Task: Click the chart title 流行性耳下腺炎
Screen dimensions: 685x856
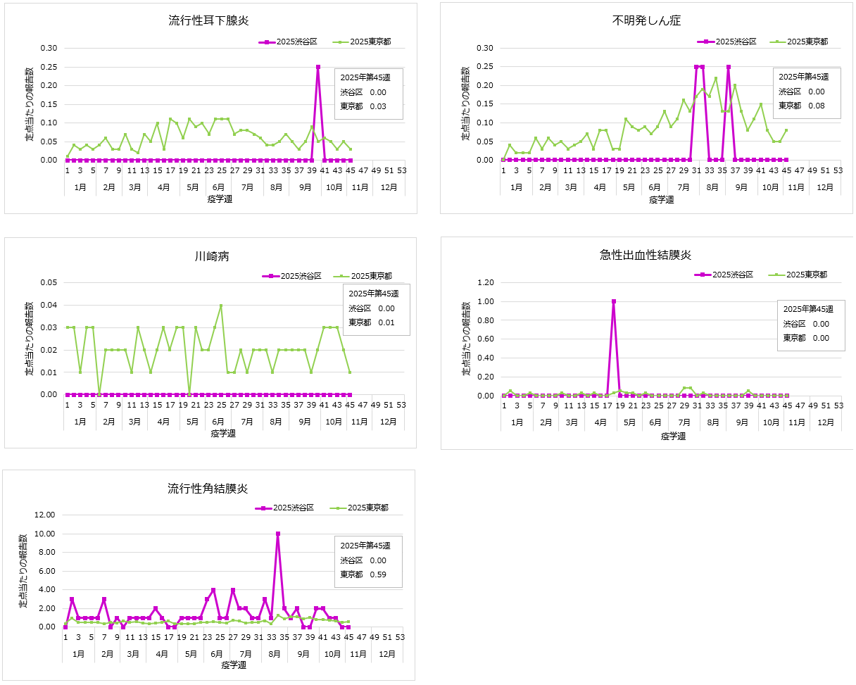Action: (209, 20)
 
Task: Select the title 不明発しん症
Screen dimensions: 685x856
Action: (646, 20)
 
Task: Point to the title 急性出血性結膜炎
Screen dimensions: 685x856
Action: (647, 255)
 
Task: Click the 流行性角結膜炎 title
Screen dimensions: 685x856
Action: (208, 488)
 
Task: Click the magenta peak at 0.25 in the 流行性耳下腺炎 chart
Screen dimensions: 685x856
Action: (318, 67)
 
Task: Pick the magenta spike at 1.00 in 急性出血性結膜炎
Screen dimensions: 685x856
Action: (614, 301)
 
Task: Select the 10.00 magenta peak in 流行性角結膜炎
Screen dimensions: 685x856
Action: (278, 534)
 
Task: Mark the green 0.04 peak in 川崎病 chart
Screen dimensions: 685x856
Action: (221, 306)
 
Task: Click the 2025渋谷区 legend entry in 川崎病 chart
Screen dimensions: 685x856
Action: (294, 276)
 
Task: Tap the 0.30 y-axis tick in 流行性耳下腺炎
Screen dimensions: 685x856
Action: (49, 49)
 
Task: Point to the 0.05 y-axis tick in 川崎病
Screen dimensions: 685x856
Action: (49, 283)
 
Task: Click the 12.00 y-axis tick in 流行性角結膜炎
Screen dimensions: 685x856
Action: (44, 515)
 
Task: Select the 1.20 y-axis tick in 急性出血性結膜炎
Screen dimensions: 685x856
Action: (484, 283)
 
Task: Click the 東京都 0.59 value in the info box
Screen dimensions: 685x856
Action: (378, 574)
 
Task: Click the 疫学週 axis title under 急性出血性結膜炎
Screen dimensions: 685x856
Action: (673, 436)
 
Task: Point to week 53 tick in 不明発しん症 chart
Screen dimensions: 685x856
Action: (838, 170)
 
